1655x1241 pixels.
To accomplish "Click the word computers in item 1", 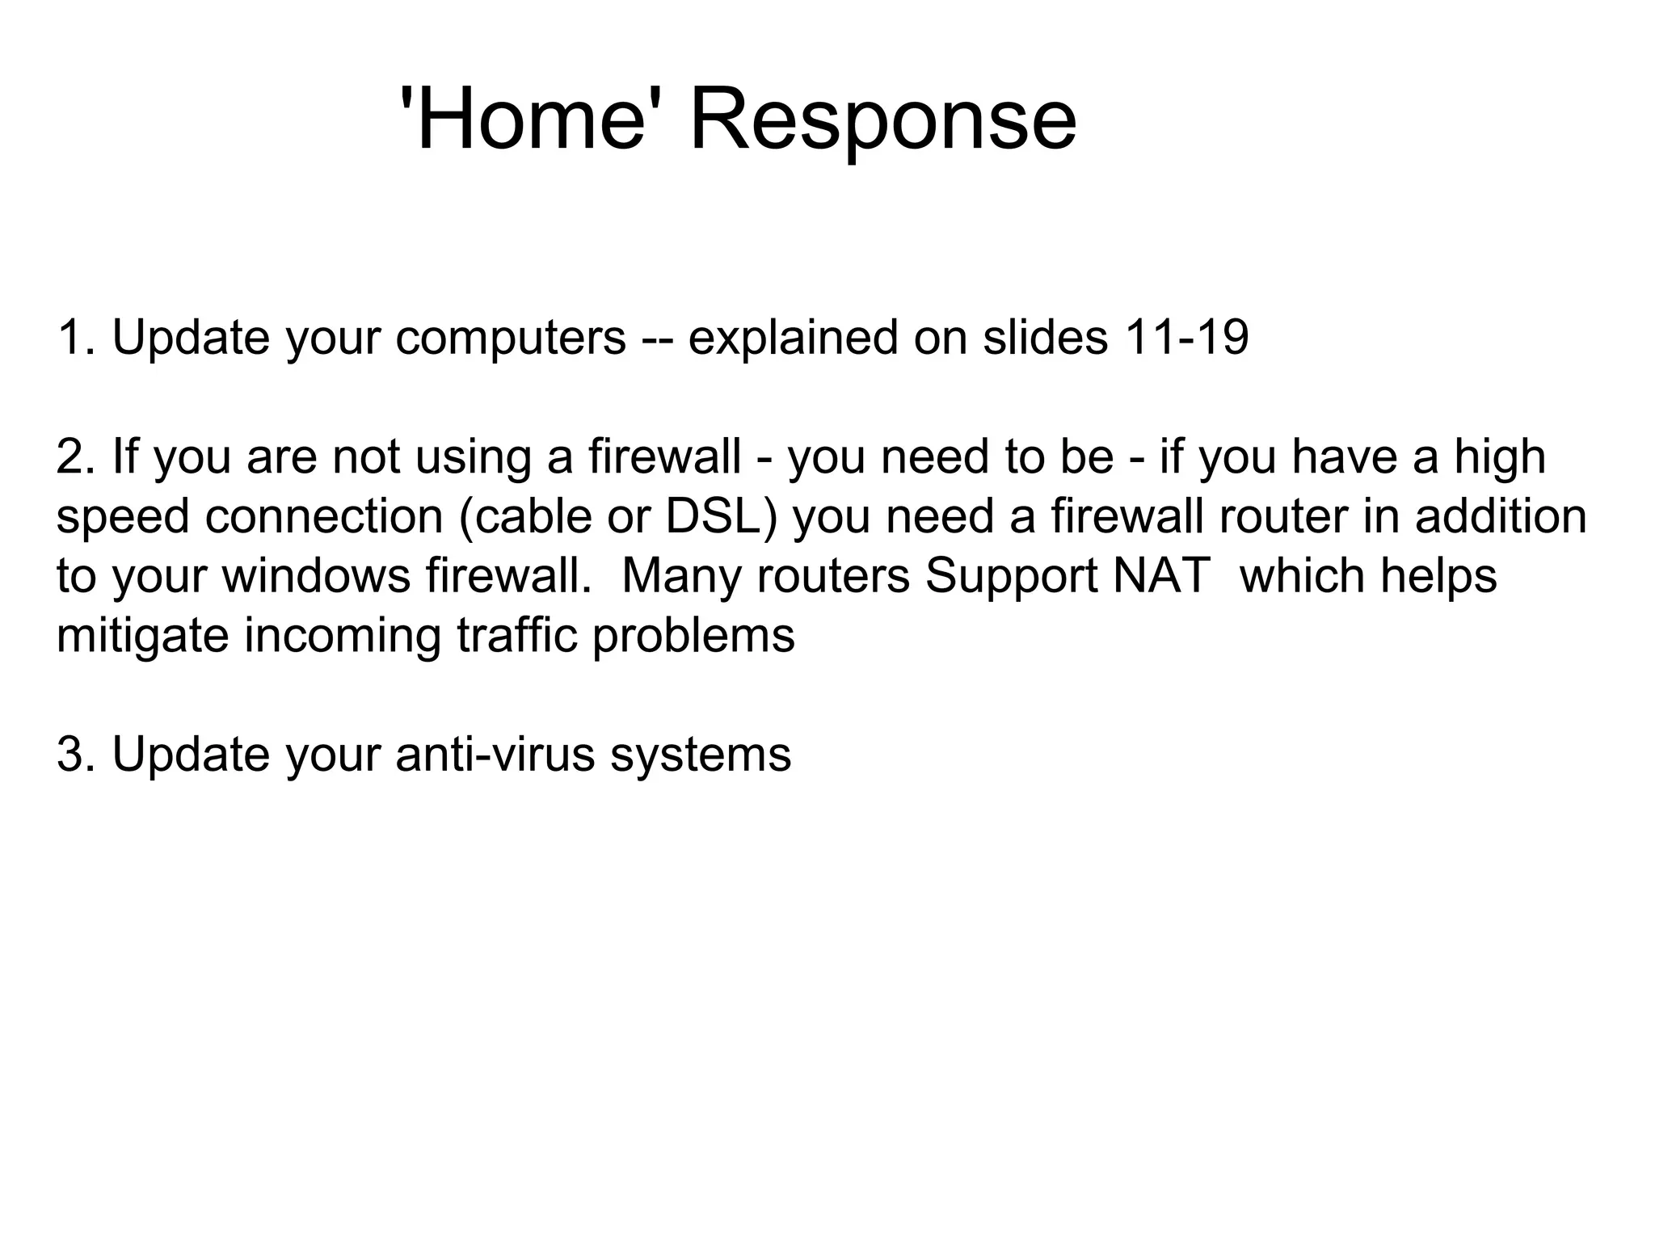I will click(x=511, y=337).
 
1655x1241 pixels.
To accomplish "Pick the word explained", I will click(x=793, y=337).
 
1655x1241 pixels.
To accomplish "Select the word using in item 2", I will click(x=473, y=456).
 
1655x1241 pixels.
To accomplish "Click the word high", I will click(x=1500, y=456).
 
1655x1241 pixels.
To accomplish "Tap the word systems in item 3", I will click(x=700, y=755).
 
